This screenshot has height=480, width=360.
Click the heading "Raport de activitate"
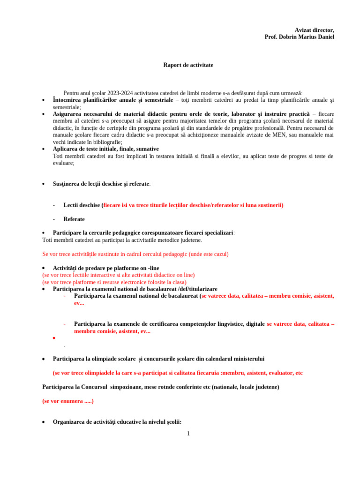tap(188, 65)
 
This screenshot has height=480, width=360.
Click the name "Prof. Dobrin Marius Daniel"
tap(300, 37)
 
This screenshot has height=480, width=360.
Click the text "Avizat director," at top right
tap(315, 30)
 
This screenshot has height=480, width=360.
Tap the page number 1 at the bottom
tap(188, 434)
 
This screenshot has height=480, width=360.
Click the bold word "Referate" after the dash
tap(74, 219)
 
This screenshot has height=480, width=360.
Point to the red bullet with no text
tap(54, 337)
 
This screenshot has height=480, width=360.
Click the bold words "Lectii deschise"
tap(82, 205)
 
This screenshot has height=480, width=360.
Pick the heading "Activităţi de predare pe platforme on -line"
tap(106, 268)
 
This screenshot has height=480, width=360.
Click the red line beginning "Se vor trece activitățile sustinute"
tap(135, 254)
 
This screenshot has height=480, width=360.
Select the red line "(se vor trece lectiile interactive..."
tap(118, 275)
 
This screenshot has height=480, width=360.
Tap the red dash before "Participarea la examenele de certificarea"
tap(65, 324)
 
